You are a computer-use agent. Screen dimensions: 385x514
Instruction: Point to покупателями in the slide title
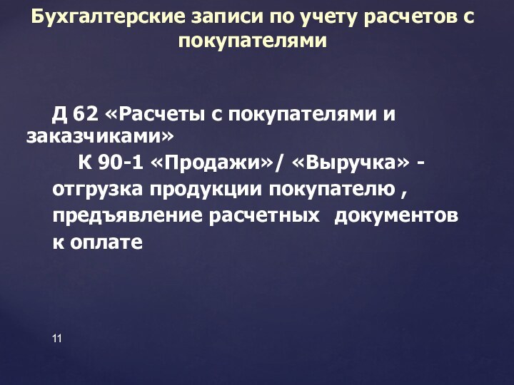(253, 41)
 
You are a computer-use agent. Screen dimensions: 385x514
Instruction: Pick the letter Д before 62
(60, 113)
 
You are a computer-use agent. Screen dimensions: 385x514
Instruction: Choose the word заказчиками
(99, 136)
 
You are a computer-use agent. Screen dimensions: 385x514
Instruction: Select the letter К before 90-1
(84, 163)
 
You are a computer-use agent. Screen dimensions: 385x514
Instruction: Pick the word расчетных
(263, 215)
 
